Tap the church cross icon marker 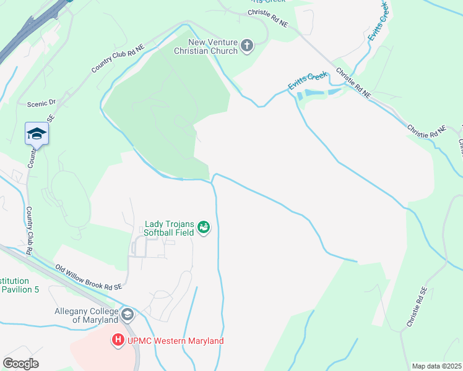pos(247,46)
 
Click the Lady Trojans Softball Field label pos(169,228)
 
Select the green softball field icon pos(204,229)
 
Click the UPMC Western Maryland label pos(176,341)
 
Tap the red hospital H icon pos(118,339)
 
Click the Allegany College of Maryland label pos(86,315)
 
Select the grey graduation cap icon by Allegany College pos(128,315)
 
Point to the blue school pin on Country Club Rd pos(37,134)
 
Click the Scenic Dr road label pos(41,103)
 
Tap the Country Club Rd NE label pos(118,59)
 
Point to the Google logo pos(20,363)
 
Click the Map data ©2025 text pos(436,366)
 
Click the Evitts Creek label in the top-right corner pos(378,22)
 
